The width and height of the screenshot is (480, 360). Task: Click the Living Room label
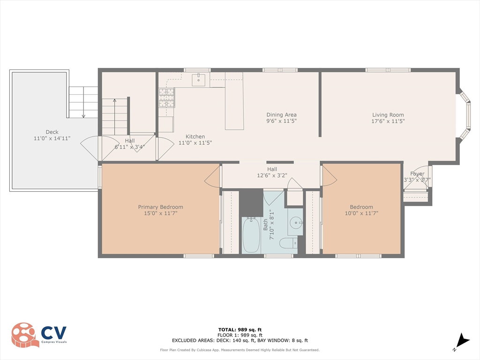388,115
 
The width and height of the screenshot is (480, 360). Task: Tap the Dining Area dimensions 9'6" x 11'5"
281,121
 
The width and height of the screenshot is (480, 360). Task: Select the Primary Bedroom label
160,207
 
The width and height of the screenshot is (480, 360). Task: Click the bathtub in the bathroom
251,235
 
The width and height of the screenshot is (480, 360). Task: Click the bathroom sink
295,222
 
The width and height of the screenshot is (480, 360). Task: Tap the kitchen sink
199,80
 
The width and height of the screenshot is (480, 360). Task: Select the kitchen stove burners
167,97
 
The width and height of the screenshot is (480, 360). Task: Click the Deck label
52,132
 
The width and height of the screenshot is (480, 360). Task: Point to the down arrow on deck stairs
83,102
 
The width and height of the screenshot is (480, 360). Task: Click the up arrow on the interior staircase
114,117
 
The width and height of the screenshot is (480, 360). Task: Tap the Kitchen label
195,136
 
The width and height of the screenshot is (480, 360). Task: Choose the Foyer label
417,173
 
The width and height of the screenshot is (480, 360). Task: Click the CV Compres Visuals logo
39,334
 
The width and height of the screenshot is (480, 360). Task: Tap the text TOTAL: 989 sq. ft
240,330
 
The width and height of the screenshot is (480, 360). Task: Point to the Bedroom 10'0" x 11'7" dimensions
361,213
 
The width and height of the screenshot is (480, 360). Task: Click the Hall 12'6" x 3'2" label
272,172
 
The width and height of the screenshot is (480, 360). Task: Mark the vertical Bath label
265,225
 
